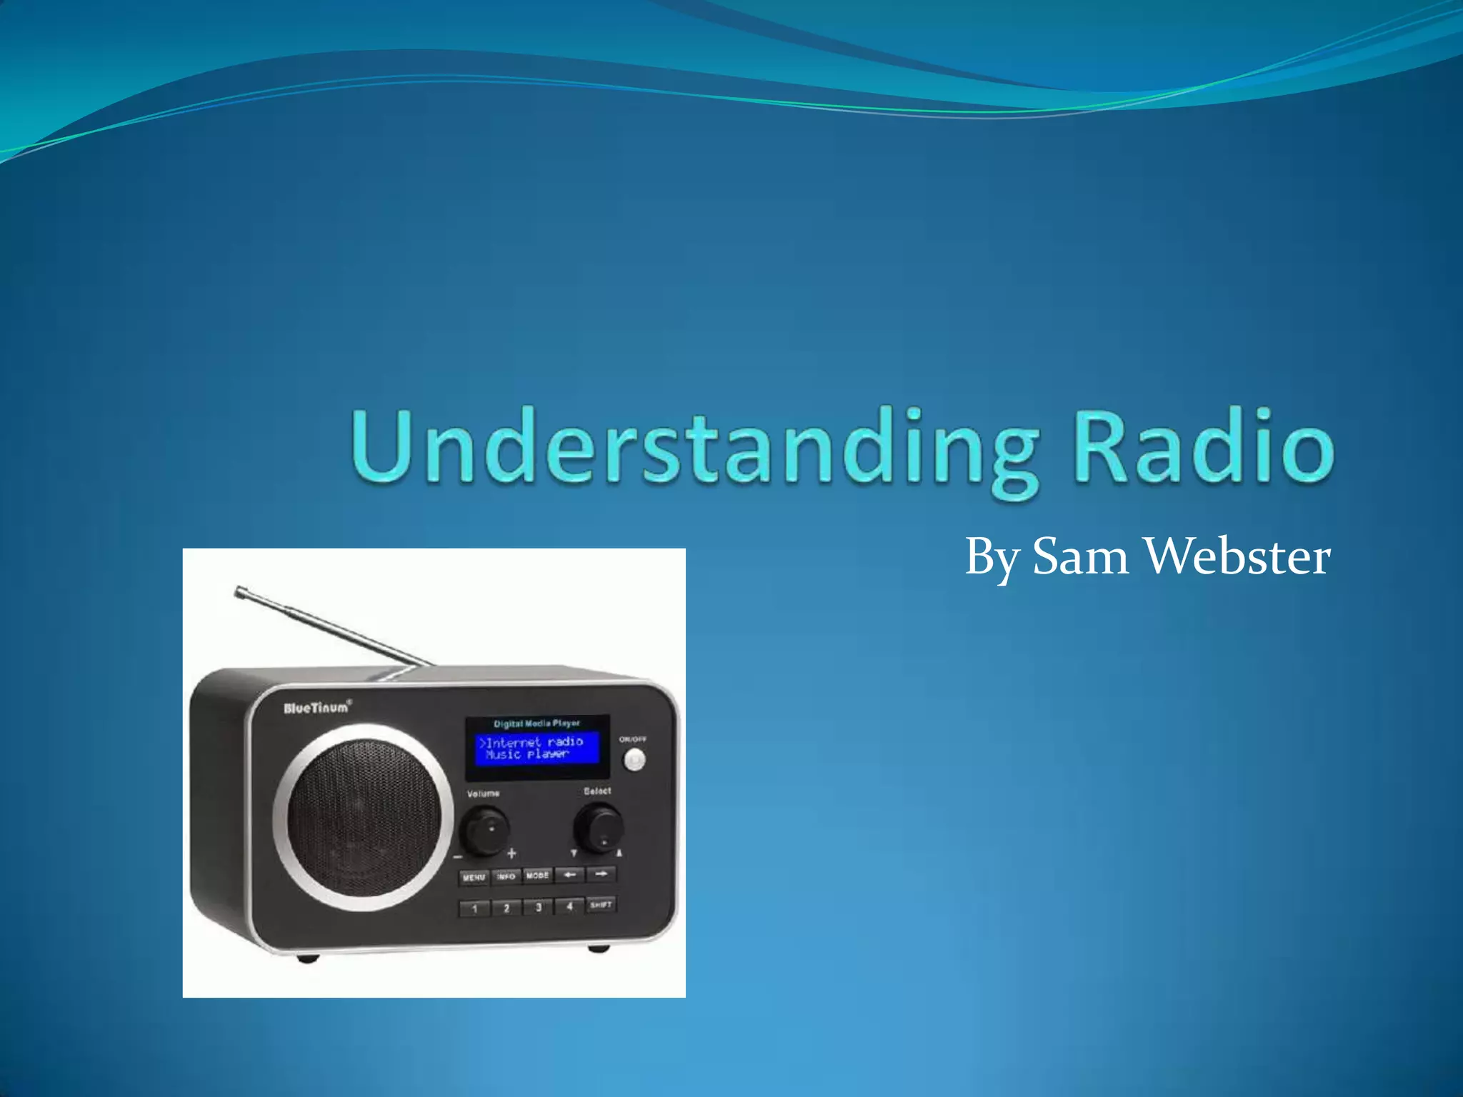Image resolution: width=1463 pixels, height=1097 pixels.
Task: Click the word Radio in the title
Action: click(x=1203, y=447)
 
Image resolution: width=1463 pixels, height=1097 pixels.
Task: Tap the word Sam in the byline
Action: click(x=1079, y=557)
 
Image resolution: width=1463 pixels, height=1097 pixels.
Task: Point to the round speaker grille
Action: click(x=363, y=817)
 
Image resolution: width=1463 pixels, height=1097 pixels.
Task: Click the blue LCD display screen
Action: click(x=537, y=748)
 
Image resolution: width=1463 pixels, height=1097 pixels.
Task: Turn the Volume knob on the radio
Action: click(x=485, y=829)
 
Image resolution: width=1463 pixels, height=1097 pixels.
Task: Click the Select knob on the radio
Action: click(x=599, y=827)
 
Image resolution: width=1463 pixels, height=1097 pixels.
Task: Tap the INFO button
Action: click(x=506, y=876)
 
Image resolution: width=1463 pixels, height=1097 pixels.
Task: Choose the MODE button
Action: click(x=537, y=876)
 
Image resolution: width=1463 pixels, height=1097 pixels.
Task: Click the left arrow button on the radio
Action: click(x=569, y=874)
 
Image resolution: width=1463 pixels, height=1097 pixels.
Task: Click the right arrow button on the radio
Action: click(x=601, y=873)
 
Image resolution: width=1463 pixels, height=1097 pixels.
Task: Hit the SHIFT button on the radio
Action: click(x=601, y=905)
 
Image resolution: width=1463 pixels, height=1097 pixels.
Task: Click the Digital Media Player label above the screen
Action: click(x=536, y=723)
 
